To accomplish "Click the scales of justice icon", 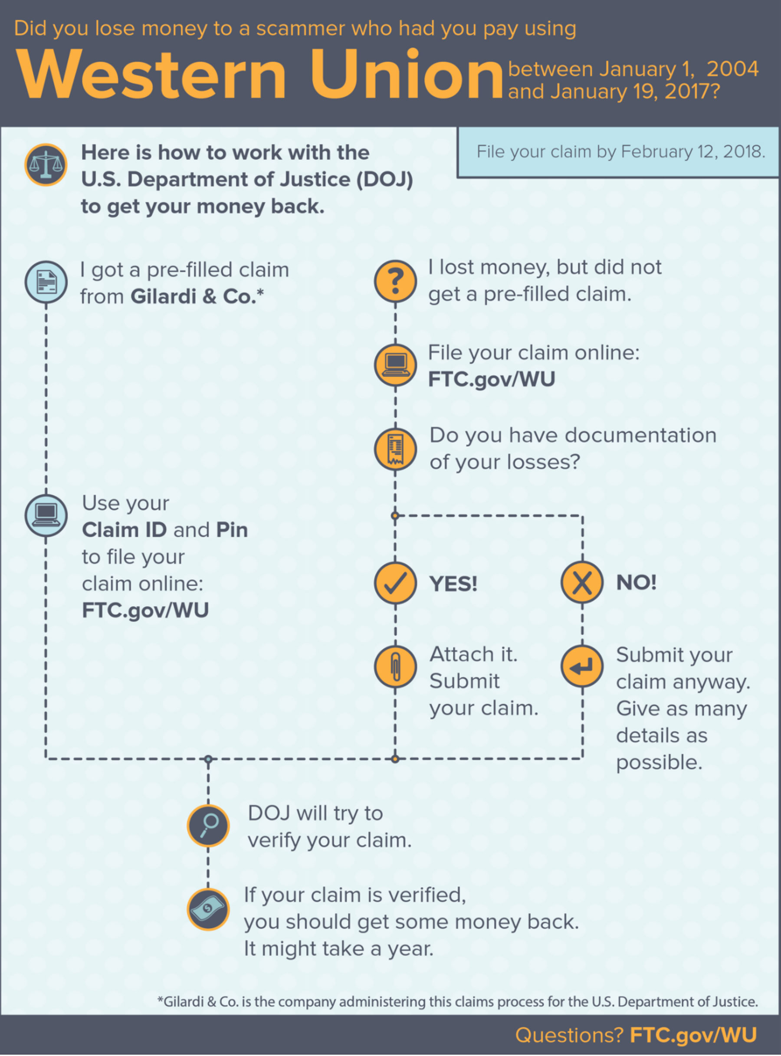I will coord(46,164).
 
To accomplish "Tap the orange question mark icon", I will coord(395,281).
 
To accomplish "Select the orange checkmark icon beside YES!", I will coord(395,583).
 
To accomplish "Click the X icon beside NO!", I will coord(582,583).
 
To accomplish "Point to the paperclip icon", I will coord(395,666).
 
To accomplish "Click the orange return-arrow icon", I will coord(582,666).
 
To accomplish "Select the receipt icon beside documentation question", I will coord(395,449).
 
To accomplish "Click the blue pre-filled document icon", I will coord(46,282).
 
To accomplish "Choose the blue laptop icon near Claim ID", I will coord(46,516).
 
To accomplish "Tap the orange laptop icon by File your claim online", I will coord(395,365).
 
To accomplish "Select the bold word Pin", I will coord(232,530).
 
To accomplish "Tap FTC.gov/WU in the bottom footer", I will coord(693,1035).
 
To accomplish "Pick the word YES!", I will coord(453,584).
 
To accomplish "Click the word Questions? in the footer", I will coord(569,1035).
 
